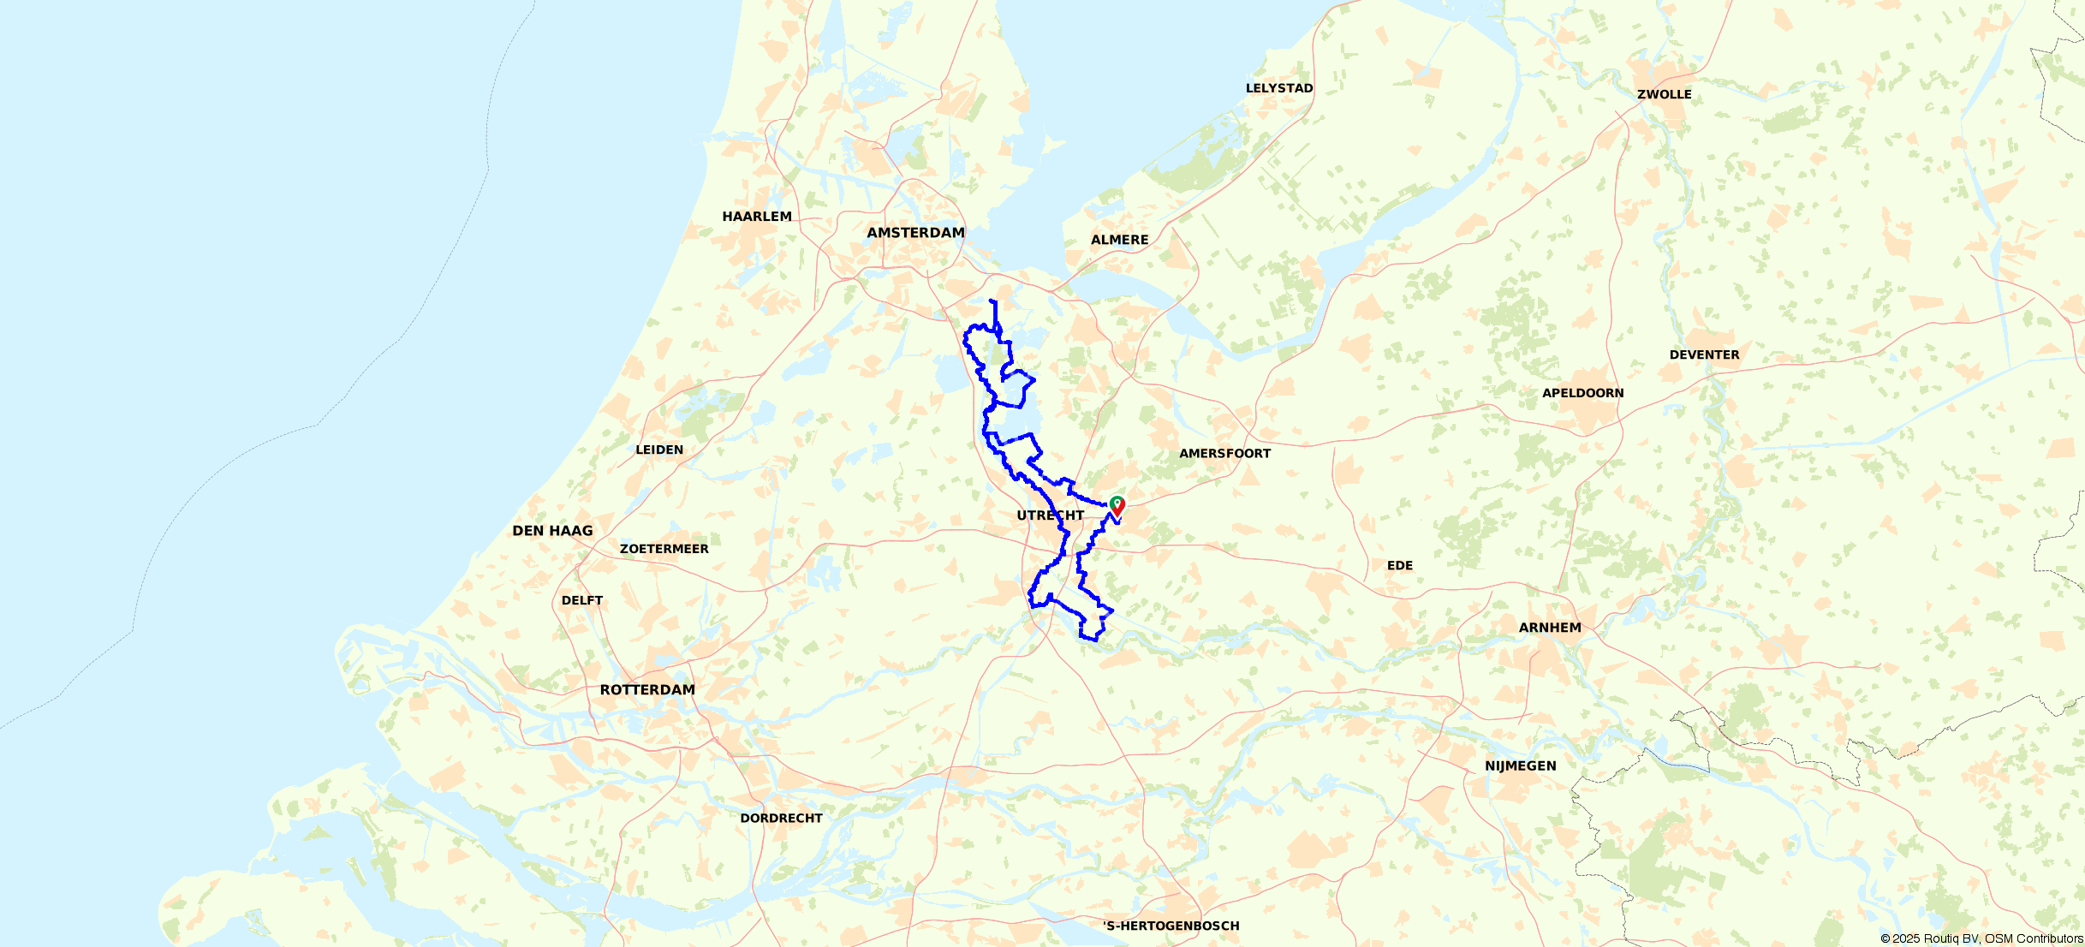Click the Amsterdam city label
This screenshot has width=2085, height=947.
pos(915,233)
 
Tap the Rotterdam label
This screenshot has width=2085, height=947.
pos(647,690)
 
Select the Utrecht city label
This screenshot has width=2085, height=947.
pos(1050,515)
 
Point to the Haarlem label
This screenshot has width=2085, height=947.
pos(757,217)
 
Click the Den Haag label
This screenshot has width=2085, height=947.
pos(552,531)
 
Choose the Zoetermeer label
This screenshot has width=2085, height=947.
pos(664,549)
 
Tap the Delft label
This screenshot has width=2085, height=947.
pos(582,600)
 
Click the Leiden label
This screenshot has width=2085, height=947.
pos(659,450)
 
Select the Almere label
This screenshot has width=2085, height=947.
pos(1119,240)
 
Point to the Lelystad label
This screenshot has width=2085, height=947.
pos(1279,88)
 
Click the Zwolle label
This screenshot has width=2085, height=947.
pos(1664,94)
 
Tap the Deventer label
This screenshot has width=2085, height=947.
pos(1704,354)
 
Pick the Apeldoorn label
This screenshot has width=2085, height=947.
pos(1582,393)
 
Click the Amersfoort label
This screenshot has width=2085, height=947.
pos(1224,453)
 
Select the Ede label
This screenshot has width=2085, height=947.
pos(1400,565)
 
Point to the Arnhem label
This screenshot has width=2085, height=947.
pos(1550,628)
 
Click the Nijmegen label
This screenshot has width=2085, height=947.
pos(1521,765)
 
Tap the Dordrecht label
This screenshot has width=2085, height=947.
pos(781,818)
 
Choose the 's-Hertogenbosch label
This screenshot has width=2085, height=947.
pos(1171,926)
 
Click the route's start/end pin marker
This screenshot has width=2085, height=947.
pos(1117,505)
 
